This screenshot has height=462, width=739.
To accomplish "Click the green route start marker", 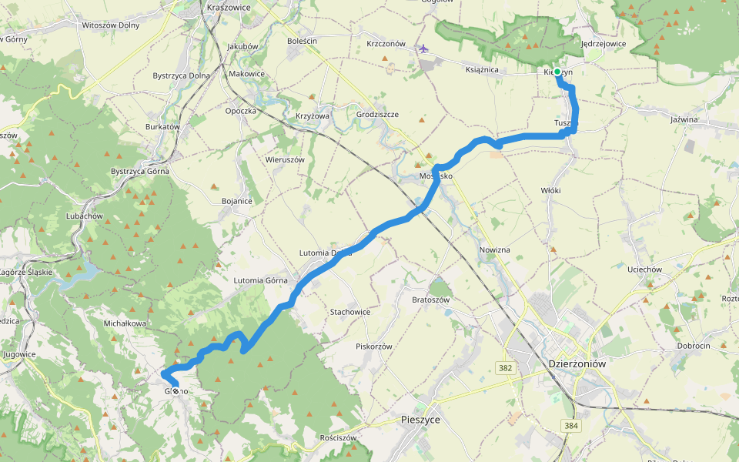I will click(x=557, y=72).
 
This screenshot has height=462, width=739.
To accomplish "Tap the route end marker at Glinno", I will click(x=176, y=391).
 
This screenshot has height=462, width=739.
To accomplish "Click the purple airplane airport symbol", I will click(x=423, y=49).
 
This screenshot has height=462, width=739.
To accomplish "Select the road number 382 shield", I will click(x=505, y=369).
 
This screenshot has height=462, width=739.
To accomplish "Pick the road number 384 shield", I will click(x=570, y=425).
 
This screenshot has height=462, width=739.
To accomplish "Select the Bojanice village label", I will click(x=236, y=201).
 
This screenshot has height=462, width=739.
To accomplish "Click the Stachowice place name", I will click(x=349, y=312).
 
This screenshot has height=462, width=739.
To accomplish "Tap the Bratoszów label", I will click(x=430, y=299).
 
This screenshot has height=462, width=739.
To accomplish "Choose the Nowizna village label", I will click(x=494, y=250).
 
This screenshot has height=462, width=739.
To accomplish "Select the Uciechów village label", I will click(x=644, y=269).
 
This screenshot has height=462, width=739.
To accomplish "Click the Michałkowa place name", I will click(x=124, y=323).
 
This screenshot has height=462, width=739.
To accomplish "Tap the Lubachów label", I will click(x=84, y=216).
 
